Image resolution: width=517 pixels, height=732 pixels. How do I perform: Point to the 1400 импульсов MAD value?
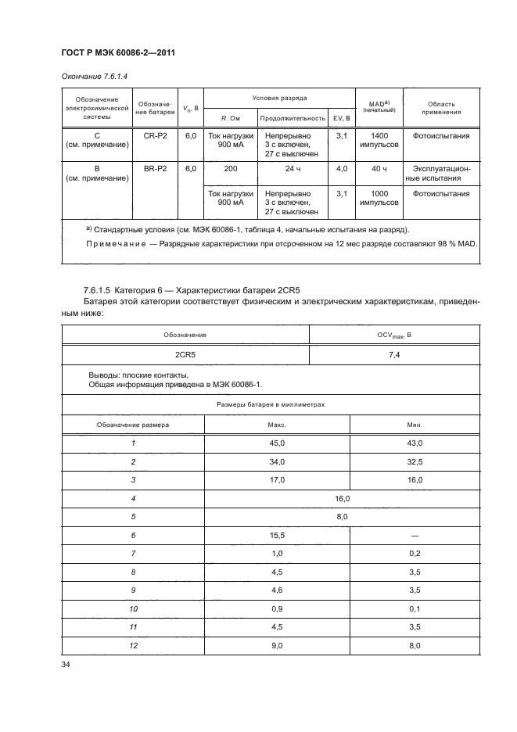click(x=379, y=141)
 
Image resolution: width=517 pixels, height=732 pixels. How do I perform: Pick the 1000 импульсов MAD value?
click(x=379, y=198)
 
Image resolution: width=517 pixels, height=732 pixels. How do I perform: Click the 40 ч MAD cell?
click(x=379, y=168)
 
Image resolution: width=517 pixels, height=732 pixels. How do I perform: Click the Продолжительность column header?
click(x=292, y=118)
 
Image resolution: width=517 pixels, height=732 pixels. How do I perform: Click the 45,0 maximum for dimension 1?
click(x=276, y=443)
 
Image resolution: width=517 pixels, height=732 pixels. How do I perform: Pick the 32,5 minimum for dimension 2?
click(x=415, y=461)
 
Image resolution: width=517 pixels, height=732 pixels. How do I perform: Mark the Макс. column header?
click(x=276, y=424)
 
